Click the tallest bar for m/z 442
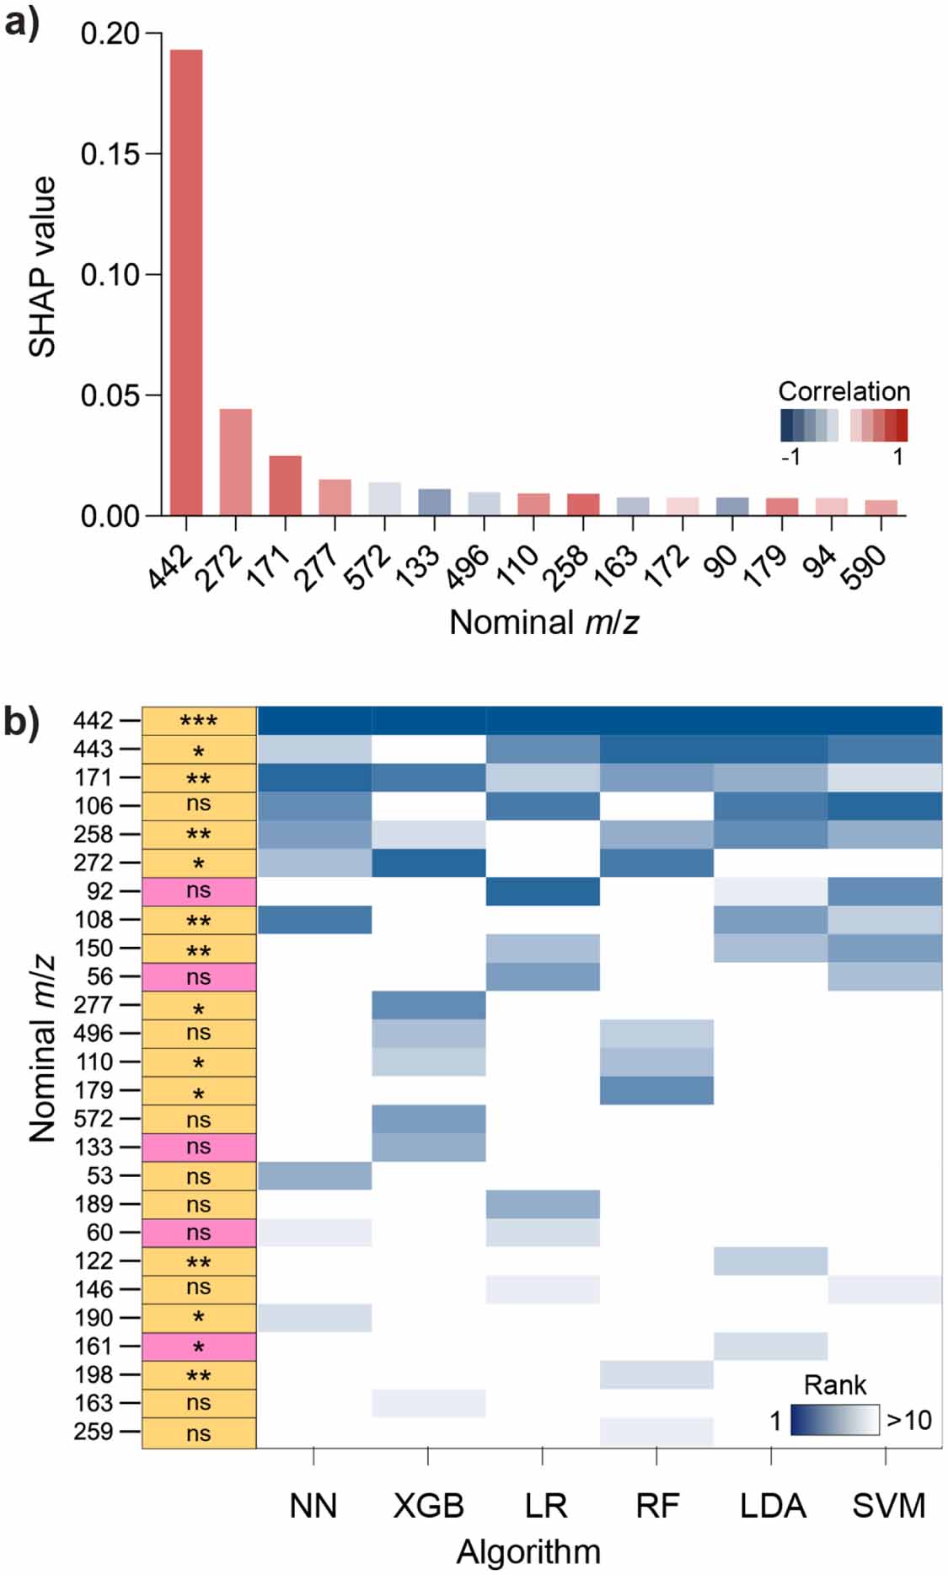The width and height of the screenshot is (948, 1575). click(x=186, y=282)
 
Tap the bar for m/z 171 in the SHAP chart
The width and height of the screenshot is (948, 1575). click(x=286, y=486)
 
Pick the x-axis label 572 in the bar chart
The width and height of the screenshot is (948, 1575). click(x=369, y=567)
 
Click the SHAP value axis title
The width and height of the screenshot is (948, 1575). click(x=42, y=266)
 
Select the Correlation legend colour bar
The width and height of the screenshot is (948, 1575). click(x=844, y=425)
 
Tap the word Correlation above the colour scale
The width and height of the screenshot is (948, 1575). click(x=844, y=391)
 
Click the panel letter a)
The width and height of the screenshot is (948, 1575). click(x=22, y=22)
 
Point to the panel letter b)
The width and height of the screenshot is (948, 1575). click(x=22, y=722)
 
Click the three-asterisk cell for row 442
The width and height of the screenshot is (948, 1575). click(x=199, y=721)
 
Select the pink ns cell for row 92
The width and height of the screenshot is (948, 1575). click(x=199, y=891)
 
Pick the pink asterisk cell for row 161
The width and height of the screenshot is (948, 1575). click(x=199, y=1347)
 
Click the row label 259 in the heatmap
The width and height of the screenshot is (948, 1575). click(x=94, y=1432)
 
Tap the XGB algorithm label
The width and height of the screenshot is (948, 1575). click(x=428, y=1506)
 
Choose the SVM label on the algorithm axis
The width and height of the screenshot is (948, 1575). click(x=888, y=1506)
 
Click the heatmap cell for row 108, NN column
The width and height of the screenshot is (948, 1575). click(x=314, y=920)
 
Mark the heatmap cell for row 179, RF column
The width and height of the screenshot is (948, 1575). click(x=656, y=1090)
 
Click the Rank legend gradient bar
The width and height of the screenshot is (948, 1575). click(x=834, y=1420)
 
